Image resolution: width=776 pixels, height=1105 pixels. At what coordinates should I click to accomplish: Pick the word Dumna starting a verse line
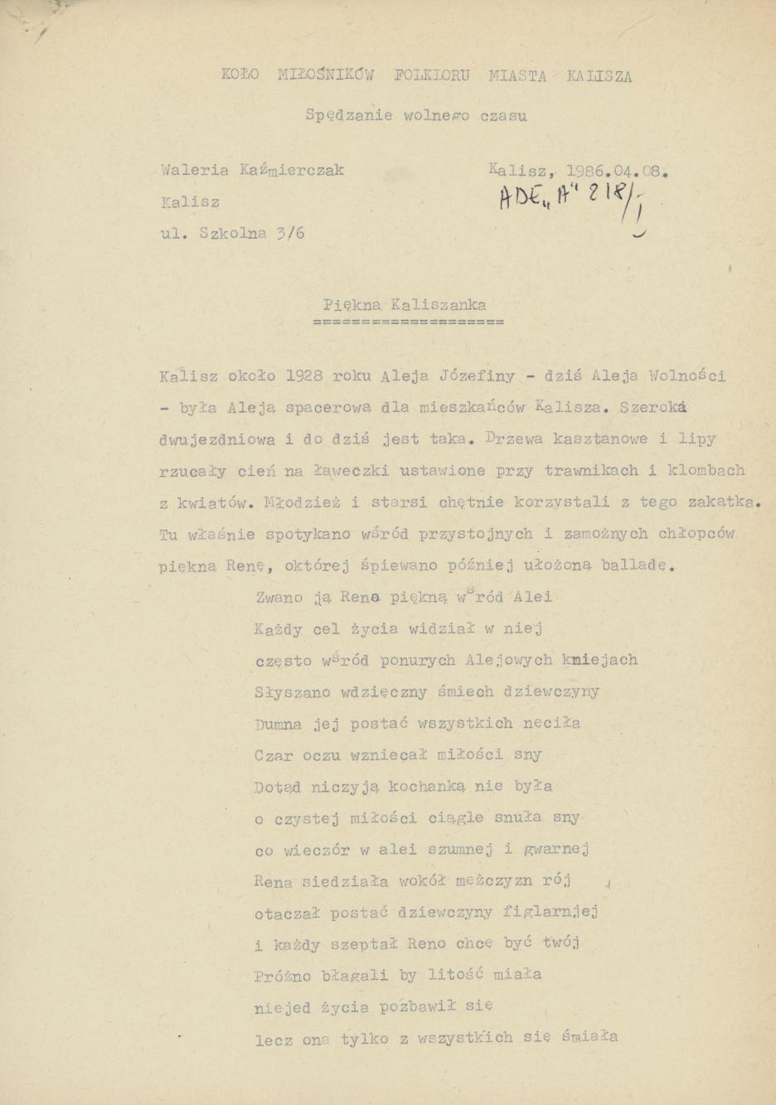pos(278,723)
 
